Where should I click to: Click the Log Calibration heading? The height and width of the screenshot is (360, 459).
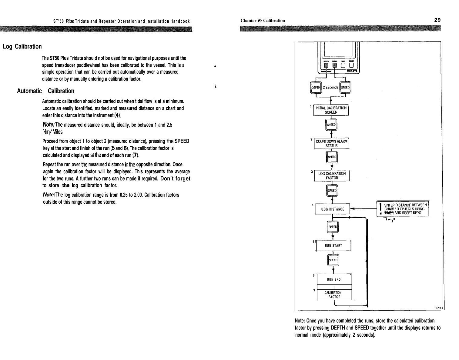pyautogui.click(x=22, y=46)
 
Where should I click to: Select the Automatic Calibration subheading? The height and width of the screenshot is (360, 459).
pyautogui.click(x=45, y=91)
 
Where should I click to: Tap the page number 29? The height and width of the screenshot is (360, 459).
pyautogui.click(x=437, y=20)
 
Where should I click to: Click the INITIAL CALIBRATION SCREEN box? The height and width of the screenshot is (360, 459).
pyautogui.click(x=331, y=110)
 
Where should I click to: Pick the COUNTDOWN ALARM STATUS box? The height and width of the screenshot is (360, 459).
pyautogui.click(x=331, y=143)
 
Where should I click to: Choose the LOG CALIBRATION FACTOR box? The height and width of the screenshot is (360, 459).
pyautogui.click(x=332, y=176)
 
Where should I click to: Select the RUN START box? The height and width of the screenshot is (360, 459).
pyautogui.click(x=333, y=245)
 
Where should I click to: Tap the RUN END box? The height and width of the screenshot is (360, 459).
pyautogui.click(x=333, y=279)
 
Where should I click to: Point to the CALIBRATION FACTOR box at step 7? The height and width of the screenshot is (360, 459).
pyautogui.click(x=333, y=295)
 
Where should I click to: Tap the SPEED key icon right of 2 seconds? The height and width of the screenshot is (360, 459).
pyautogui.click(x=345, y=87)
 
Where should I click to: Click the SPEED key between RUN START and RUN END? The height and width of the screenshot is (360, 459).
pyautogui.click(x=333, y=260)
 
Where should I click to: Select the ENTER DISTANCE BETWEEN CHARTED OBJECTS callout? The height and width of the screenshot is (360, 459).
pyautogui.click(x=403, y=209)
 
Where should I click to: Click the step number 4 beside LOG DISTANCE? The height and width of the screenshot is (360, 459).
pyautogui.click(x=313, y=204)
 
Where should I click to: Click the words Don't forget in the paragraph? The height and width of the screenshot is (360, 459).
pyautogui.click(x=175, y=178)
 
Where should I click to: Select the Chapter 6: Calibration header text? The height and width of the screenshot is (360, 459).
pyautogui.click(x=263, y=21)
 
